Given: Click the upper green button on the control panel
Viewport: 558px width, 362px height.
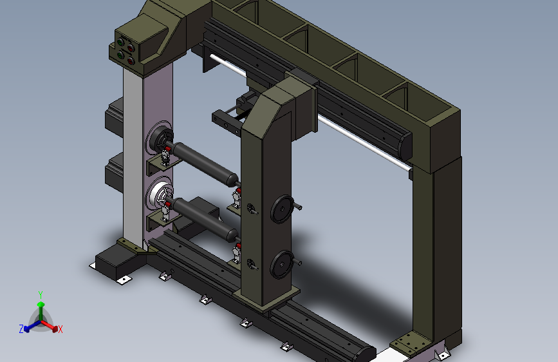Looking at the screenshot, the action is click(x=120, y=43).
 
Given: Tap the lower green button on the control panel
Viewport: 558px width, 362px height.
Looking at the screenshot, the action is click(x=120, y=55).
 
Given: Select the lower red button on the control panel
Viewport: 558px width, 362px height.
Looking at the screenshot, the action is click(x=131, y=61).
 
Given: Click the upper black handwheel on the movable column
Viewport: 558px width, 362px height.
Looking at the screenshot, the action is click(x=282, y=209).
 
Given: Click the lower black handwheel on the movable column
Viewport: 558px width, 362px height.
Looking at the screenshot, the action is click(x=281, y=264).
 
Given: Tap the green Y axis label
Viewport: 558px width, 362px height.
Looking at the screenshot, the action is click(x=41, y=295).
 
